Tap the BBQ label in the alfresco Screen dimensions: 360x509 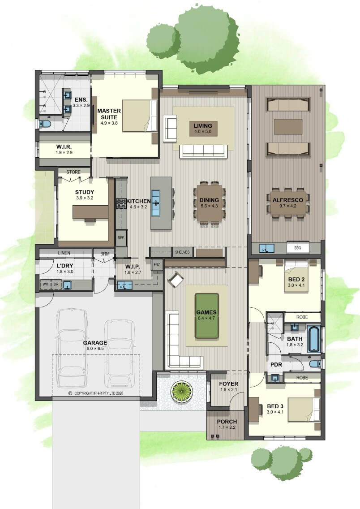coord(297,248)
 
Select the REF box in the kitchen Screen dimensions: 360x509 coord(121,238)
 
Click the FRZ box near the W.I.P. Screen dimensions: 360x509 coord(157,265)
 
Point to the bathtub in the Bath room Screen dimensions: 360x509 coord(314,339)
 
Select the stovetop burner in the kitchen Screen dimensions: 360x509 coord(121,204)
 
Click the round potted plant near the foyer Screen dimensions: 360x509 coord(181,392)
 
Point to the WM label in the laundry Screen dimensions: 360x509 coord(45,285)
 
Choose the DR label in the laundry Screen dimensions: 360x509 coord(56,285)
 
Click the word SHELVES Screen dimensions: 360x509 coord(182,252)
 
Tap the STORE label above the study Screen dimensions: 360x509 coord(73,172)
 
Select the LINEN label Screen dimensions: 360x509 coord(64,253)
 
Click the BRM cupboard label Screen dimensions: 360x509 coord(105,254)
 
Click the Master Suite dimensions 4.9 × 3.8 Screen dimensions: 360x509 coord(109,123)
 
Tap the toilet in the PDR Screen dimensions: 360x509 coord(315,364)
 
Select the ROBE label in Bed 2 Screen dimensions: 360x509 coord(302,317)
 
